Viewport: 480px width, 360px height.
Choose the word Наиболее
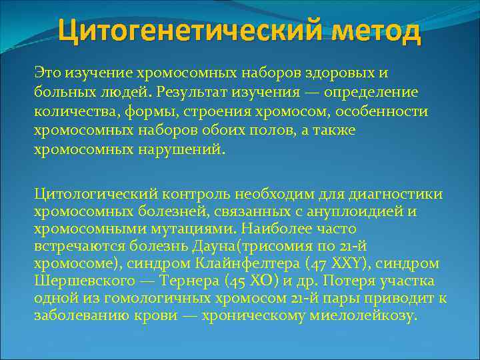(x=283, y=229)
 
